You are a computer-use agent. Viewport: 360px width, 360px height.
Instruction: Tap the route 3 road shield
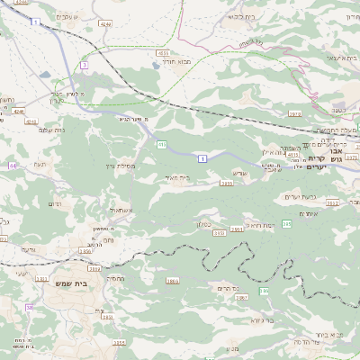tap(84, 64)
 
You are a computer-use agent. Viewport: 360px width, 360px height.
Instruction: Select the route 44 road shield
tap(13, 166)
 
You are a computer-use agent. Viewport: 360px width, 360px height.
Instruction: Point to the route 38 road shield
tap(30, 308)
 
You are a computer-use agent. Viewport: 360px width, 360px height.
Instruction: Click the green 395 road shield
tap(286, 223)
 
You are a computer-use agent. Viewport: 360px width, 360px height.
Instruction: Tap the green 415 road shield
tap(161, 143)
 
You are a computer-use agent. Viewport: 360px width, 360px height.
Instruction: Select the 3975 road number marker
tap(294, 113)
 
